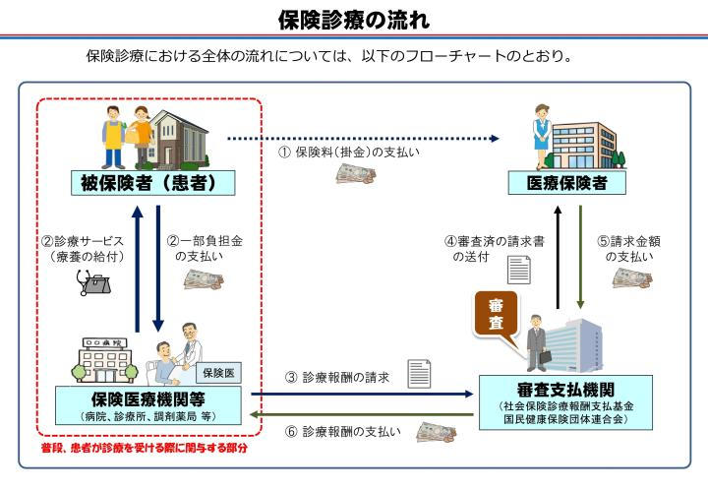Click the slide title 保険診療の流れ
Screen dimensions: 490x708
[353, 19]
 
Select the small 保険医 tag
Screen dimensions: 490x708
[216, 372]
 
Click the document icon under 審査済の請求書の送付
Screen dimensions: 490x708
[518, 269]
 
